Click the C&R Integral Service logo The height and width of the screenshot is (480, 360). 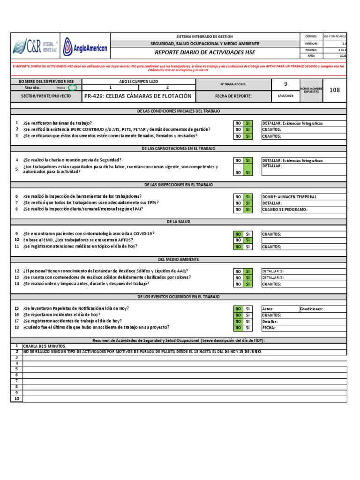[35, 47]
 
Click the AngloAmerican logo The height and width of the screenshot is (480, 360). [85, 47]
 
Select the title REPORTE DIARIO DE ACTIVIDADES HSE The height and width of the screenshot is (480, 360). [204, 52]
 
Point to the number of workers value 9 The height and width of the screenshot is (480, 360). [286, 84]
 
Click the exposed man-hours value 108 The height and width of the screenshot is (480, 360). [334, 90]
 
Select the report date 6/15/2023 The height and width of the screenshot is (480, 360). [286, 96]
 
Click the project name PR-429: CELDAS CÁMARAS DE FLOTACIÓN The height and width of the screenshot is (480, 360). [138, 96]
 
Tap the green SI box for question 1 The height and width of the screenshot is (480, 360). [248, 123]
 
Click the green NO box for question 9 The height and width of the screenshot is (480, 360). [238, 234]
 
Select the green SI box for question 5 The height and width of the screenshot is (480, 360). [248, 169]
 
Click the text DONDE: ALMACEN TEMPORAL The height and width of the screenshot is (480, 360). [289, 197]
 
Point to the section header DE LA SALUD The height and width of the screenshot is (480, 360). [178, 221]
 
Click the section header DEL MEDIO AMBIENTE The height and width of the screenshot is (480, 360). [178, 259]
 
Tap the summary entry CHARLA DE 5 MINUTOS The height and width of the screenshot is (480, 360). [45, 346]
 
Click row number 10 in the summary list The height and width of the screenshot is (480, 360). [16, 399]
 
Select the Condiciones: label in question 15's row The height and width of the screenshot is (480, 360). [312, 309]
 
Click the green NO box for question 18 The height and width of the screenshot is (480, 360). [238, 328]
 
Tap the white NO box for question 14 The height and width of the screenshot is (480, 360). [238, 284]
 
